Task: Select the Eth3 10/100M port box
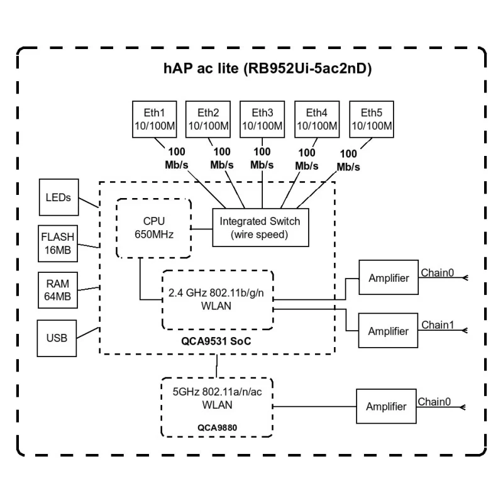[x=262, y=119]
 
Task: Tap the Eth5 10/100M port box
[x=371, y=119]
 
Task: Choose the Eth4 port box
[x=317, y=119]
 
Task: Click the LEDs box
[x=58, y=197]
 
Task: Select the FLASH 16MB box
[x=58, y=243]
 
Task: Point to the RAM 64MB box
[x=58, y=289]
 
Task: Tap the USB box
[x=58, y=337]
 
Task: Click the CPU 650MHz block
[x=153, y=228]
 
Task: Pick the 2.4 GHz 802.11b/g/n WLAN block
[x=218, y=299]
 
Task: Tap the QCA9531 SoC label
[x=218, y=340]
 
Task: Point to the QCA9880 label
[x=218, y=428]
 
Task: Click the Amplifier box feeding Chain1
[x=388, y=331]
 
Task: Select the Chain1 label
[x=437, y=325]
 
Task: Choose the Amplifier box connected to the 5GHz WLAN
[x=386, y=407]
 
